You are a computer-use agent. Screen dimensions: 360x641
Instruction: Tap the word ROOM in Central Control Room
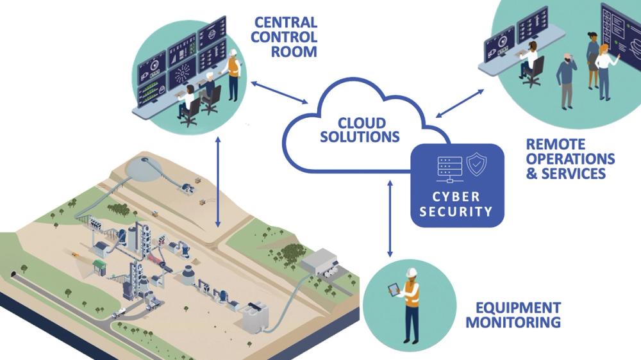coord(294,52)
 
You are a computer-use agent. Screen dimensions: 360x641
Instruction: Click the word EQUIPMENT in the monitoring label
coord(513,307)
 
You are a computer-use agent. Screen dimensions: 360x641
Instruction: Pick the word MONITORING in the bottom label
coord(513,322)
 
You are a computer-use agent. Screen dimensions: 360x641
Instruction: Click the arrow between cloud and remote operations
coord(461,102)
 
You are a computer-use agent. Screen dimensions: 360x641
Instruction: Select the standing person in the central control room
coord(234,76)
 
